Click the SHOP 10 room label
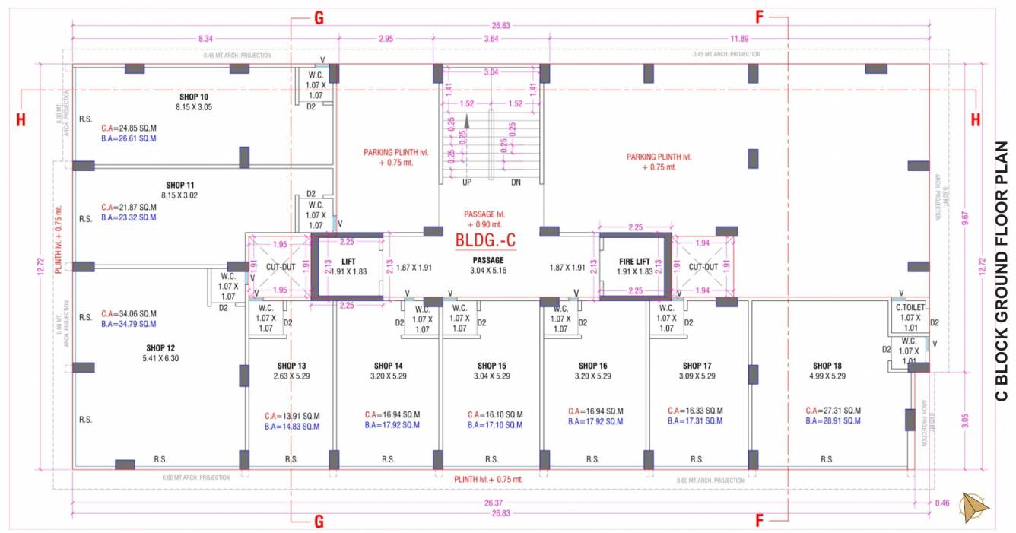tap(194, 97)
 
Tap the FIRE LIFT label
tap(634, 261)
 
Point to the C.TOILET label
tap(910, 307)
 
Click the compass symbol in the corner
tap(974, 507)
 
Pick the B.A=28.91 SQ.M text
tap(833, 420)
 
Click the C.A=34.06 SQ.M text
tap(129, 313)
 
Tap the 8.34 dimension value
tap(205, 38)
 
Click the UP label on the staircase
tap(468, 182)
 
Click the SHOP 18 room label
tap(827, 366)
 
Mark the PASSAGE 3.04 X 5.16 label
tap(489, 270)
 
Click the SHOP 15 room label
tap(492, 366)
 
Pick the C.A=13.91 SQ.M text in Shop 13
tap(292, 416)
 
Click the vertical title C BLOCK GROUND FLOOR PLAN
tap(1002, 271)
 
